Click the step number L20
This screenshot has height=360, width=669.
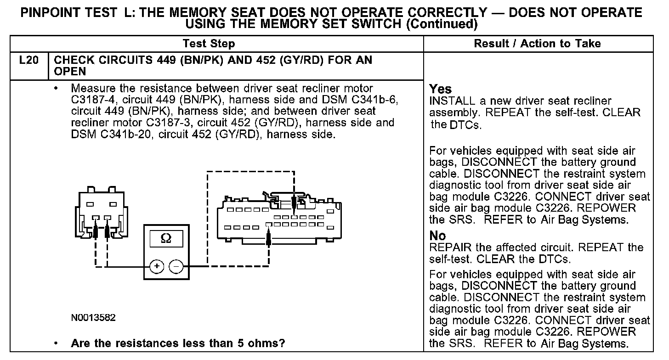coord(28,61)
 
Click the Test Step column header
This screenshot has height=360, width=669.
coord(209,44)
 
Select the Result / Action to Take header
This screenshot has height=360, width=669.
coord(537,44)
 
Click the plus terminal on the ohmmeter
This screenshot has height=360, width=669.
coord(157,266)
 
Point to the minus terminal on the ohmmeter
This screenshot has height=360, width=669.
coord(176,266)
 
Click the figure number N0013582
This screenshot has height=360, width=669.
coord(93,318)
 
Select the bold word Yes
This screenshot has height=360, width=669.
coord(440,89)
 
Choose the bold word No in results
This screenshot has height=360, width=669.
coord(437,236)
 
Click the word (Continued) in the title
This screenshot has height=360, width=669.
coord(442,23)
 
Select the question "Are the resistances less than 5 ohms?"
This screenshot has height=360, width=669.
coord(178,343)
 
